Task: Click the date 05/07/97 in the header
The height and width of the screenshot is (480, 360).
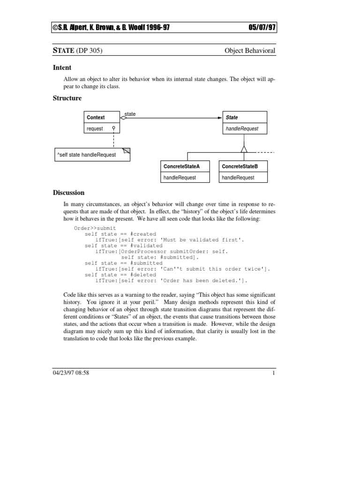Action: click(x=262, y=28)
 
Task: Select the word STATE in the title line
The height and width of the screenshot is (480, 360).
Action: click(x=61, y=51)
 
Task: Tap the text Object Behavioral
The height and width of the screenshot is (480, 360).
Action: click(x=250, y=51)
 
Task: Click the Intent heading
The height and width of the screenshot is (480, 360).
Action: click(x=62, y=67)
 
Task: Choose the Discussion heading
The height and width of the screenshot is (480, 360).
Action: click(x=68, y=193)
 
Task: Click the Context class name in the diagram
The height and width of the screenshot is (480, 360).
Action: click(x=96, y=118)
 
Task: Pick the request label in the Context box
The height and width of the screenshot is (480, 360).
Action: click(x=95, y=129)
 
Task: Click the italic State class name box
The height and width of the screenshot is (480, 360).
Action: click(x=232, y=118)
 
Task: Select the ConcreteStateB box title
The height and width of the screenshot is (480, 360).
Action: click(x=240, y=167)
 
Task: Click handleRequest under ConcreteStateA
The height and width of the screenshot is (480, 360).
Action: click(x=180, y=178)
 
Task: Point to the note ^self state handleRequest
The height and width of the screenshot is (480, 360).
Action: click(x=86, y=155)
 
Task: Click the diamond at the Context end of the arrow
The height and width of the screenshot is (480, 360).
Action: click(x=124, y=118)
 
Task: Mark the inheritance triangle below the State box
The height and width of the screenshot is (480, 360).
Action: click(x=244, y=149)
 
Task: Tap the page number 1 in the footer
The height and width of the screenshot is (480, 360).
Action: click(x=273, y=373)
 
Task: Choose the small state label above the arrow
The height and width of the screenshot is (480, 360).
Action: click(x=130, y=114)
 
